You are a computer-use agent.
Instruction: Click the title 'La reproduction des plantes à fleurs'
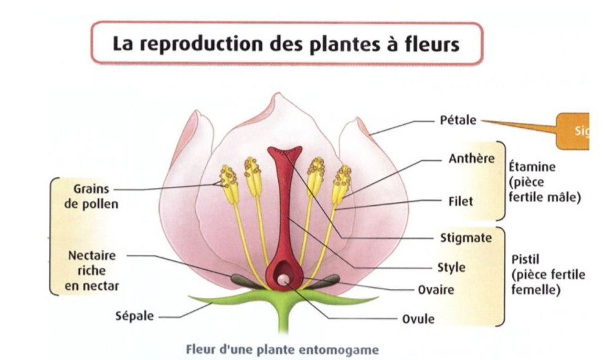click(286, 44)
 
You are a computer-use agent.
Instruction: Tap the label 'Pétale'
click(458, 120)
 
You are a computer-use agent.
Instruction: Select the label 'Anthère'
click(471, 158)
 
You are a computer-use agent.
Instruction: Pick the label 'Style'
click(452, 268)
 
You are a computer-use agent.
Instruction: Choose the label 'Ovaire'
click(435, 290)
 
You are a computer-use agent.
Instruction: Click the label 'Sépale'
click(135, 317)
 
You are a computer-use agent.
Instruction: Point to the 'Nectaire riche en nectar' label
click(92, 270)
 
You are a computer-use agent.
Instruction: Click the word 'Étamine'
click(532, 166)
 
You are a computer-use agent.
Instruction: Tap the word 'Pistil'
click(523, 259)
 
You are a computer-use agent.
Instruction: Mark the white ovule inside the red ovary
click(283, 280)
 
